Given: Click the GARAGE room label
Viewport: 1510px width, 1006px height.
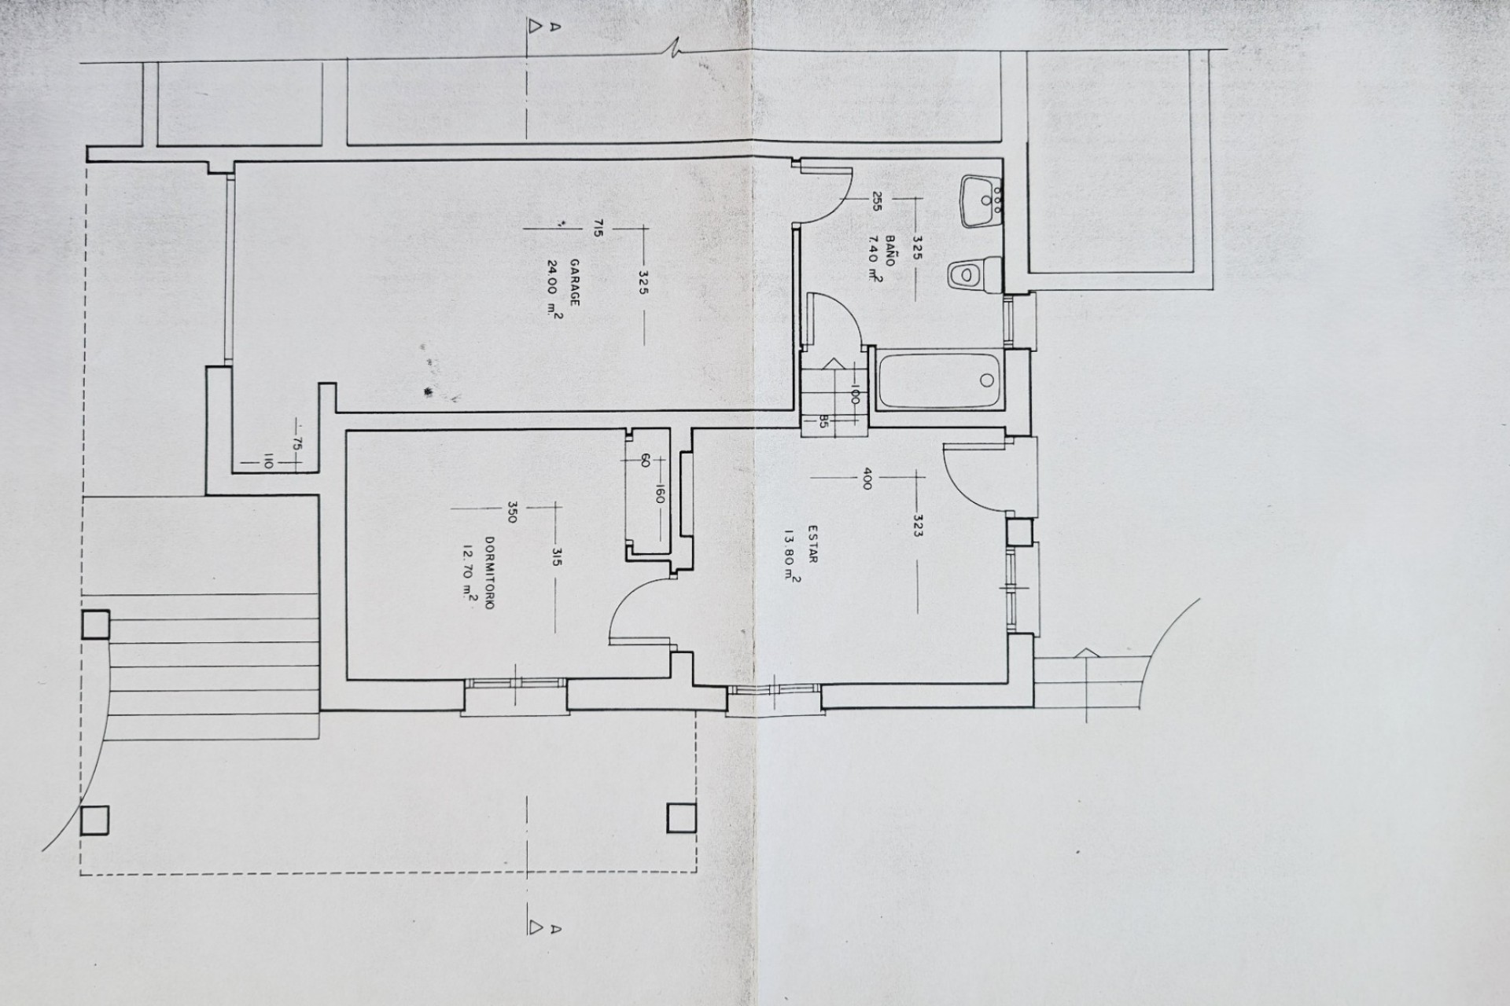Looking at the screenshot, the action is pos(574,282).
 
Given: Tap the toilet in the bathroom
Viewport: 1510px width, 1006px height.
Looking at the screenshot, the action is pos(974,275).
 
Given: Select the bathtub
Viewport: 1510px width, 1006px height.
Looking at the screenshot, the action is pos(940,380).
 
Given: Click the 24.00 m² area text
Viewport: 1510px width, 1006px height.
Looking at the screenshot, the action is pos(554,288).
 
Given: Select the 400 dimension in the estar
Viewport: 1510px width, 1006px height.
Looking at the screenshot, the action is pos(867,479).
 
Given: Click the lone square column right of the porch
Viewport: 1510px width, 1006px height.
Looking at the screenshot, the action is pos(680,818).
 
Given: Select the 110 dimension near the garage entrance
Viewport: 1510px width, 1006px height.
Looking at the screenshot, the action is pos(267,463).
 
